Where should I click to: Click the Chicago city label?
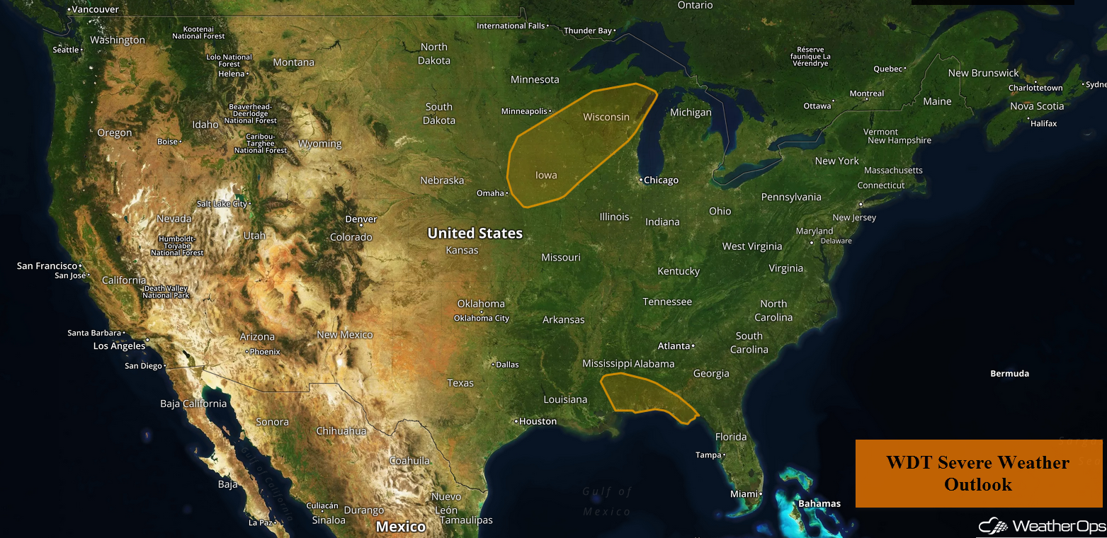tap(661, 181)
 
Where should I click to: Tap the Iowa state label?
tap(546, 176)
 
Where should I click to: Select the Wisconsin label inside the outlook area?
tap(606, 117)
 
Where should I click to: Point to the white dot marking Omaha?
tap(507, 193)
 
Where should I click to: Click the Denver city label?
tap(361, 219)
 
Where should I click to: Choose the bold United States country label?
tap(475, 233)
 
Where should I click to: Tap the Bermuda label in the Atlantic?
tap(1009, 374)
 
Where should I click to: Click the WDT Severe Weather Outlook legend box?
tap(978, 474)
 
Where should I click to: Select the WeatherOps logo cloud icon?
tap(993, 526)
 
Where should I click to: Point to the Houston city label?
tap(538, 421)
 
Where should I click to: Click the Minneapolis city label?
tap(525, 112)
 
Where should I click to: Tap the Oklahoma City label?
tap(482, 319)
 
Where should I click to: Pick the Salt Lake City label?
tap(222, 204)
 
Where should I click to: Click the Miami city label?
tap(744, 493)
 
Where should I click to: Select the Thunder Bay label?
tap(587, 31)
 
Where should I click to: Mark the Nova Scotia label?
tap(1037, 106)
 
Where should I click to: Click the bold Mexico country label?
tap(401, 527)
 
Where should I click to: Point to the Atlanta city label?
tap(674, 346)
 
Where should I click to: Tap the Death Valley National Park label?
tap(166, 292)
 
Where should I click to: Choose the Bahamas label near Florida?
tap(819, 504)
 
